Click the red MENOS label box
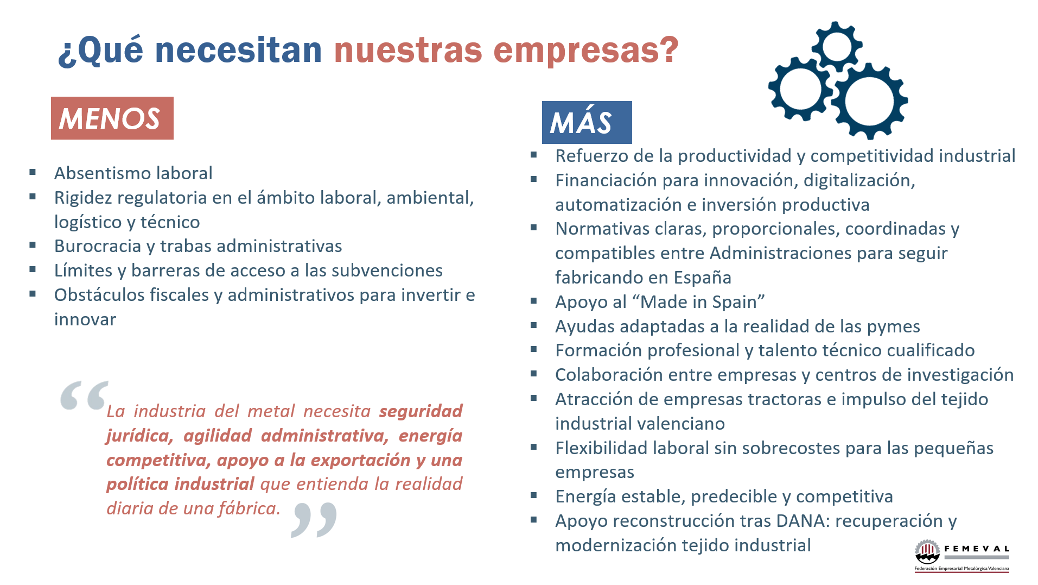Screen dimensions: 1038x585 pyautogui.click(x=112, y=118)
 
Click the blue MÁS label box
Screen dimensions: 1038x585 pyautogui.click(x=587, y=122)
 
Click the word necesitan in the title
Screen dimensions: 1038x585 pyautogui.click(x=238, y=50)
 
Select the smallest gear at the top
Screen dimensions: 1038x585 pyautogui.click(x=837, y=46)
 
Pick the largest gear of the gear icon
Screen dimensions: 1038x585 pyautogui.click(x=869, y=101)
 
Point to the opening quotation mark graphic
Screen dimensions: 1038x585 pyautogui.click(x=84, y=395)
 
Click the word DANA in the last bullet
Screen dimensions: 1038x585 pyautogui.click(x=801, y=521)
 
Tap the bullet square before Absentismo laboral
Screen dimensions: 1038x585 pyautogui.click(x=33, y=173)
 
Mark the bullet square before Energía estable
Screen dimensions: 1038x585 pyautogui.click(x=533, y=495)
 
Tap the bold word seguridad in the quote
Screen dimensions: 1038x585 pyautogui.click(x=421, y=411)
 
